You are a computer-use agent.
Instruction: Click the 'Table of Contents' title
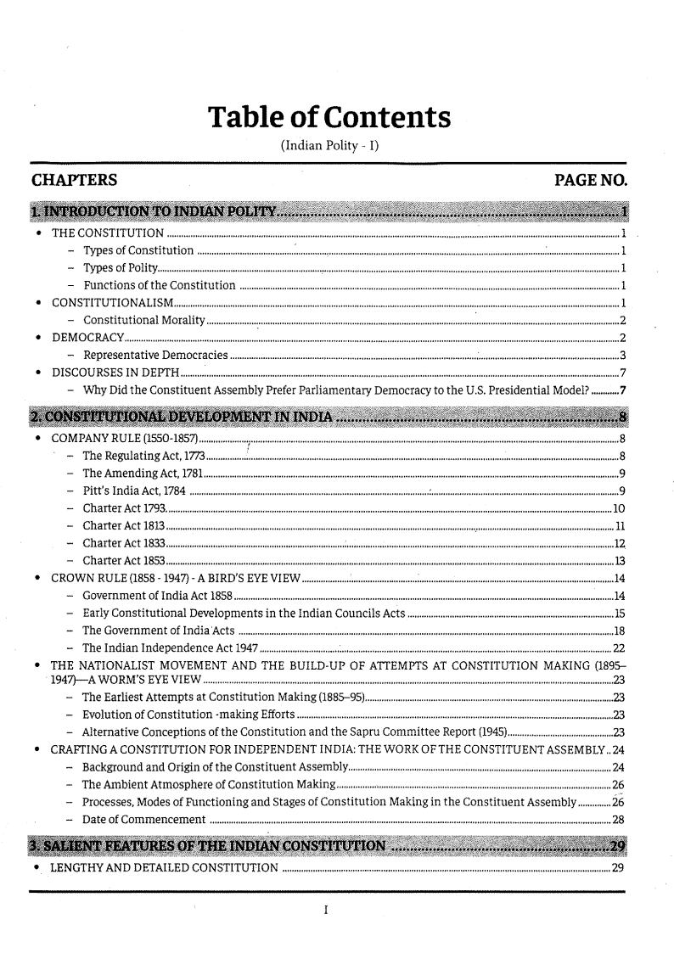(x=330, y=118)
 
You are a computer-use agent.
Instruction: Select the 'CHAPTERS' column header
(x=74, y=180)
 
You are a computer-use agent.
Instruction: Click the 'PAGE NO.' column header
(x=590, y=180)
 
